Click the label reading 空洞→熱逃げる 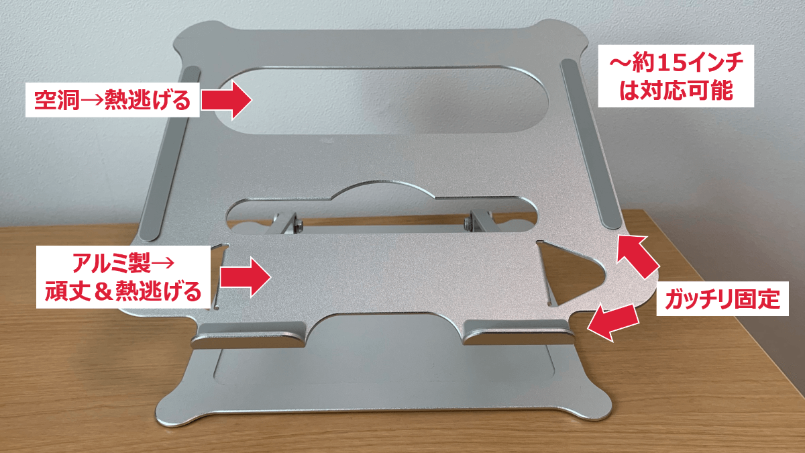click(x=112, y=99)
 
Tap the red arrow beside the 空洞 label click(x=226, y=99)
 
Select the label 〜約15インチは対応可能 click(x=676, y=76)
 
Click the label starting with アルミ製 click(x=123, y=277)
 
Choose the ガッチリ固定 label click(x=722, y=299)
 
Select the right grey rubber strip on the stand click(x=590, y=144)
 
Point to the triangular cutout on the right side click(x=572, y=274)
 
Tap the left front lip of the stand click(x=249, y=336)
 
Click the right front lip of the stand click(x=517, y=333)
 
